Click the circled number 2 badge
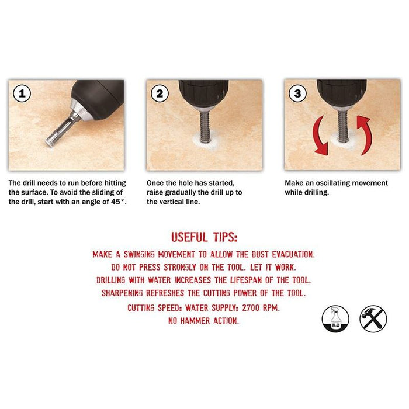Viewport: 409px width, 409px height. (x=161, y=94)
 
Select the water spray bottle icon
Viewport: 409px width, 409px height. (x=335, y=319)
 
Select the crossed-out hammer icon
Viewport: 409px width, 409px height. (x=373, y=319)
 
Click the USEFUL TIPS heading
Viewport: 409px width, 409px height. (x=204, y=237)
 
